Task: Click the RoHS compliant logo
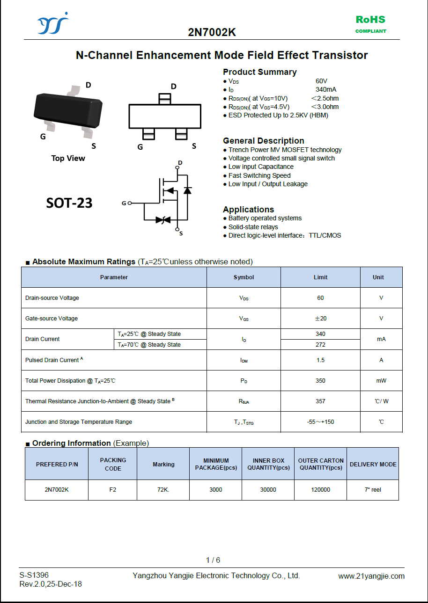point(370,24)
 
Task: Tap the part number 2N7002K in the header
point(212,32)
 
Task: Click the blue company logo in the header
point(52,23)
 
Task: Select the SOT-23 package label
point(69,203)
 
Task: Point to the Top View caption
point(68,158)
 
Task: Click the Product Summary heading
point(259,72)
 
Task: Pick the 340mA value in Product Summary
point(326,89)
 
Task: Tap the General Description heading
point(263,141)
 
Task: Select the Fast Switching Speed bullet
point(259,175)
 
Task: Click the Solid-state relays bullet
point(253,227)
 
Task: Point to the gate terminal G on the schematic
point(124,203)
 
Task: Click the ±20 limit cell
point(320,319)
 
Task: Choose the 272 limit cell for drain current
point(320,345)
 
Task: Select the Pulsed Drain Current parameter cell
point(114,360)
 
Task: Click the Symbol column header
point(244,277)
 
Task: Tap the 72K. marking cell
point(163,490)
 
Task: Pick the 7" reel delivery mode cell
point(373,490)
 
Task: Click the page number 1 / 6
point(213,560)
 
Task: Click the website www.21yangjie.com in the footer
point(371,576)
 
